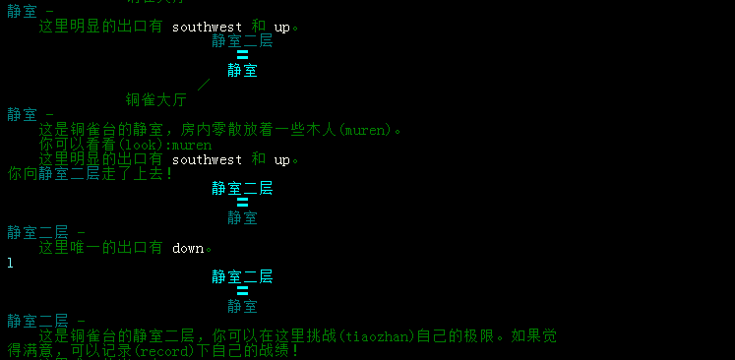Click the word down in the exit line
coord(187,248)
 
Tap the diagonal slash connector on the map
coord(204,85)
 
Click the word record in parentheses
coord(160,351)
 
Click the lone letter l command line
coord(10,263)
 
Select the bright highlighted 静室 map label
coord(242,70)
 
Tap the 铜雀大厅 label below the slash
coord(156,99)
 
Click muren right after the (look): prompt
coord(191,145)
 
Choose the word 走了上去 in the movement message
coord(134,174)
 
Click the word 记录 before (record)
coord(117,351)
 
